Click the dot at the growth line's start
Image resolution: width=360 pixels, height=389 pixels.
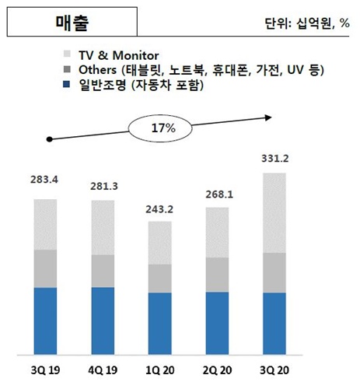pyautogui.click(x=49, y=139)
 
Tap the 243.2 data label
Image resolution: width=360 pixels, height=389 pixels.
pyautogui.click(x=160, y=209)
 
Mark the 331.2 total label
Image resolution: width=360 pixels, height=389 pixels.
pyautogui.click(x=274, y=159)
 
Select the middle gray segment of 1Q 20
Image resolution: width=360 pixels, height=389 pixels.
pyautogui.click(x=160, y=279)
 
